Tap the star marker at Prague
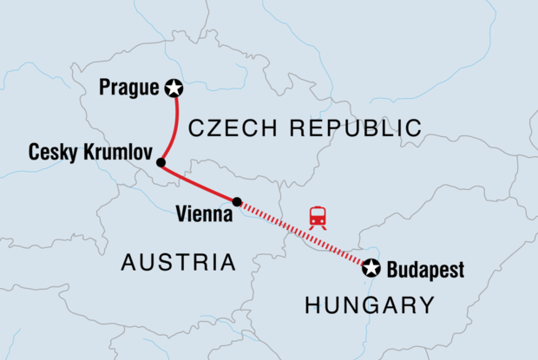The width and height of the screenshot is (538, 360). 174,87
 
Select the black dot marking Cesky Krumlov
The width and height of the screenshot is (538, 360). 161,162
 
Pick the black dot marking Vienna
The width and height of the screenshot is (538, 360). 237,201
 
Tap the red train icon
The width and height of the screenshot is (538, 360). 318,217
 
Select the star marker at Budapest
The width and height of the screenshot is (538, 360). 371,268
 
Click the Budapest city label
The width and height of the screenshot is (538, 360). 424,269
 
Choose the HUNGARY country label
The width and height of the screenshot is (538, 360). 370,304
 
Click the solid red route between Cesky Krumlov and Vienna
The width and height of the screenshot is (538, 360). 200,184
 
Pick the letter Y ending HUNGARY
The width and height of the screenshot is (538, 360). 425,304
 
